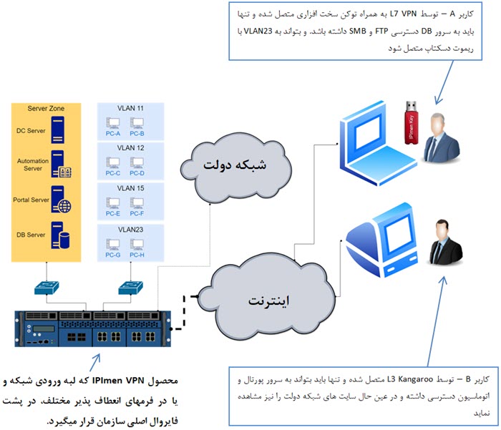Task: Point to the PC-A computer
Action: [112, 122]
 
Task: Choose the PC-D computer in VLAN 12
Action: [137, 162]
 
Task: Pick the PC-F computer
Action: [137, 203]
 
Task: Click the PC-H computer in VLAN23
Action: [137, 244]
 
